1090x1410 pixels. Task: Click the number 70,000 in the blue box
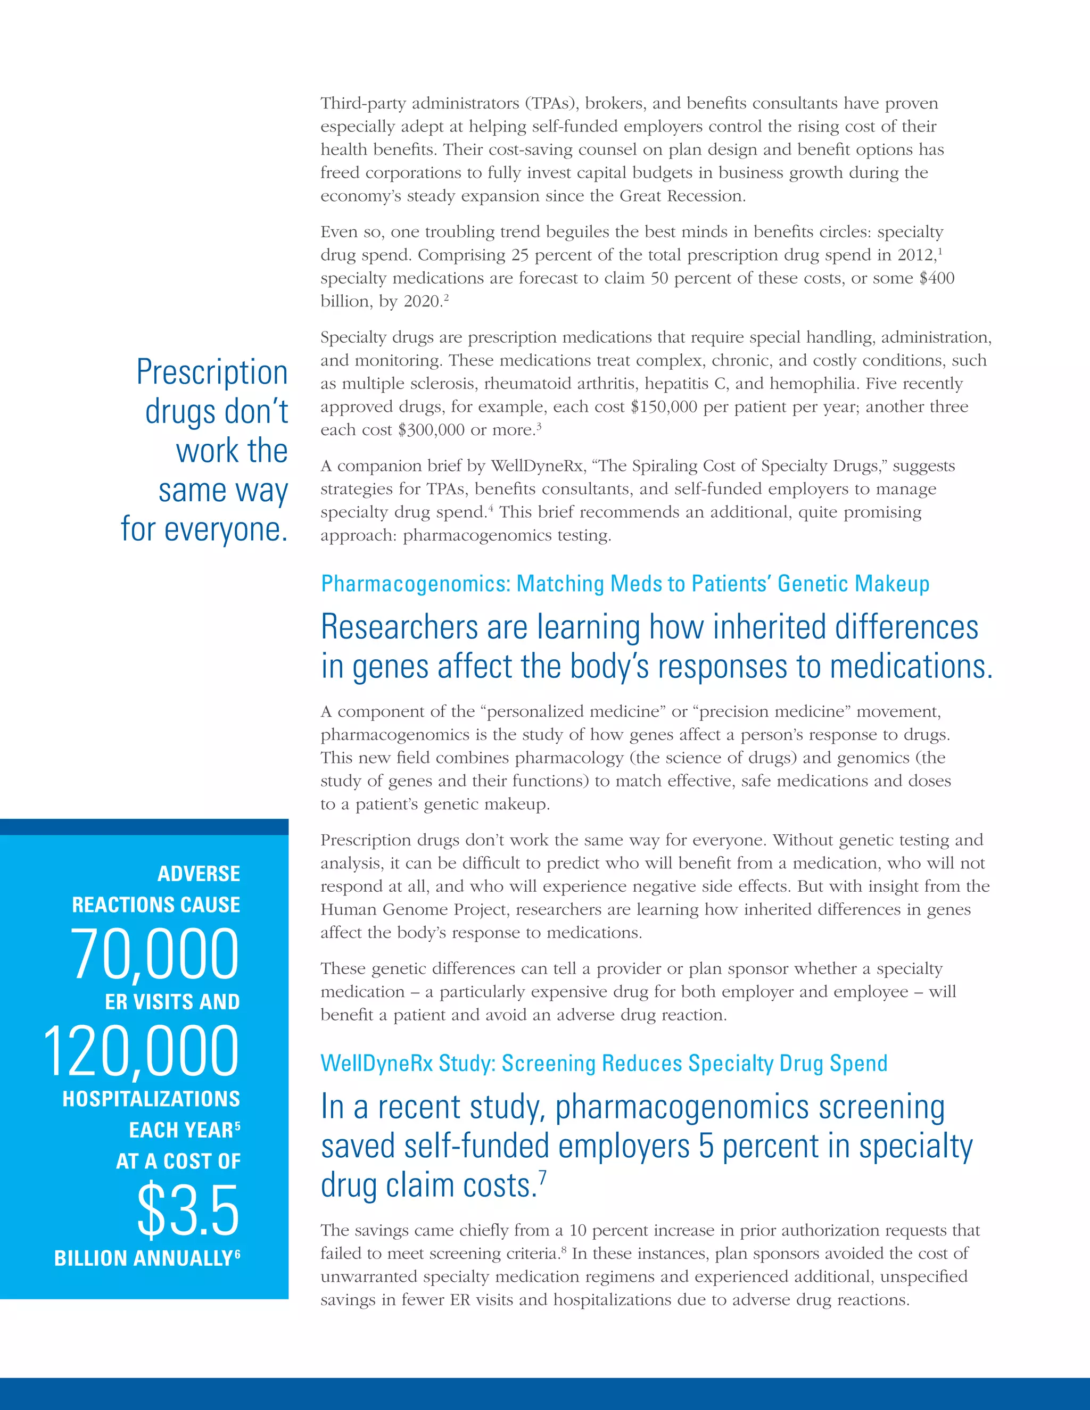(x=155, y=954)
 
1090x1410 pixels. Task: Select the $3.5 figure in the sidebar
(x=188, y=1210)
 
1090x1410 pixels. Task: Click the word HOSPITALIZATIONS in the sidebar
(x=151, y=1099)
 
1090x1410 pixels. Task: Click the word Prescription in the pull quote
(x=212, y=372)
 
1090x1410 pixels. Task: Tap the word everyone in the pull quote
(x=225, y=529)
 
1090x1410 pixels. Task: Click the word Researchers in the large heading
(x=400, y=627)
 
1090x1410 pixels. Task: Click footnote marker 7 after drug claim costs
(x=542, y=1177)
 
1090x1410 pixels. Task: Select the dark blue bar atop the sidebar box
(x=144, y=826)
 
